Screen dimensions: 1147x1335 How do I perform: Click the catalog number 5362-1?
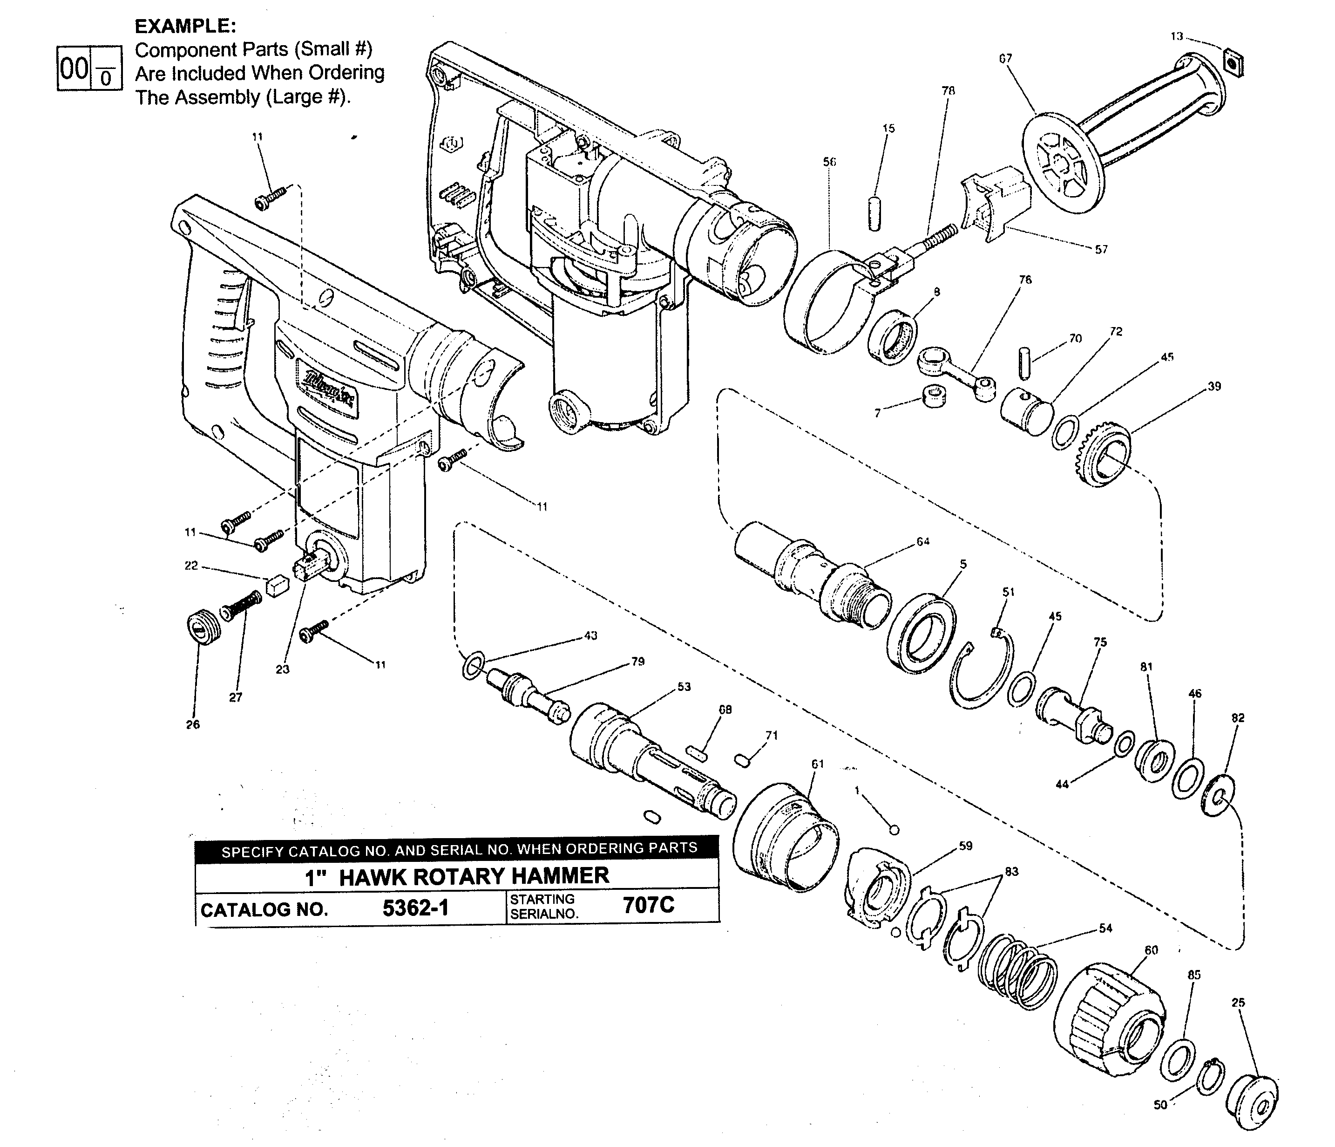pyautogui.click(x=415, y=908)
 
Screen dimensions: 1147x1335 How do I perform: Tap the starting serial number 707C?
pyautogui.click(x=648, y=905)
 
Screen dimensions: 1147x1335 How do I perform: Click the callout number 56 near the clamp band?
pyautogui.click(x=829, y=162)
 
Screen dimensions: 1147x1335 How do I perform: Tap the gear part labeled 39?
pyautogui.click(x=1105, y=457)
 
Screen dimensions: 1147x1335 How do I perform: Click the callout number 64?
pyautogui.click(x=922, y=541)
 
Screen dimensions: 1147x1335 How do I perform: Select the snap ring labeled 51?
pyautogui.click(x=981, y=674)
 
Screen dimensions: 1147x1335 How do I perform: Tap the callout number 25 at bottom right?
pyautogui.click(x=1238, y=1003)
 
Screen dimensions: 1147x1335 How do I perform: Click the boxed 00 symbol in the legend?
pyautogui.click(x=74, y=68)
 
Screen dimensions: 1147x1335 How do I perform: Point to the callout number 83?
pyautogui.click(x=1011, y=872)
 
